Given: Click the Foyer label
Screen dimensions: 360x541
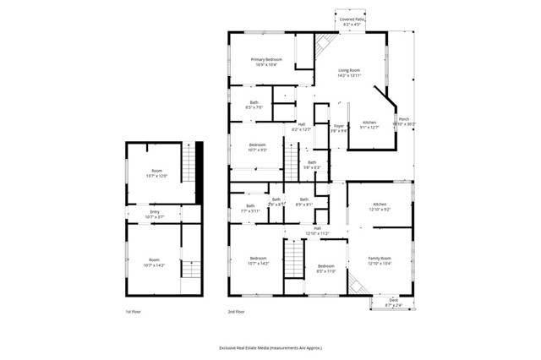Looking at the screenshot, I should [x=338, y=128].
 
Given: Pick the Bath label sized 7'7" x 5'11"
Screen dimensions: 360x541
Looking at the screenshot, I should [x=250, y=208].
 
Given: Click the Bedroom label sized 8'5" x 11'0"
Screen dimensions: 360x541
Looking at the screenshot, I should [x=326, y=269].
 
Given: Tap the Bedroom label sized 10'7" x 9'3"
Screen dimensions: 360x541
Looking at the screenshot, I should [x=258, y=148].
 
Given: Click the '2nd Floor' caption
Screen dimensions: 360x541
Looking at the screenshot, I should [x=236, y=313].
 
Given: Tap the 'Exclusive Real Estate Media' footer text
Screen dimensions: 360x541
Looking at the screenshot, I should [x=270, y=347].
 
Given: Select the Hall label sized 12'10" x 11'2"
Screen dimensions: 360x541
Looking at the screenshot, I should [x=317, y=231].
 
